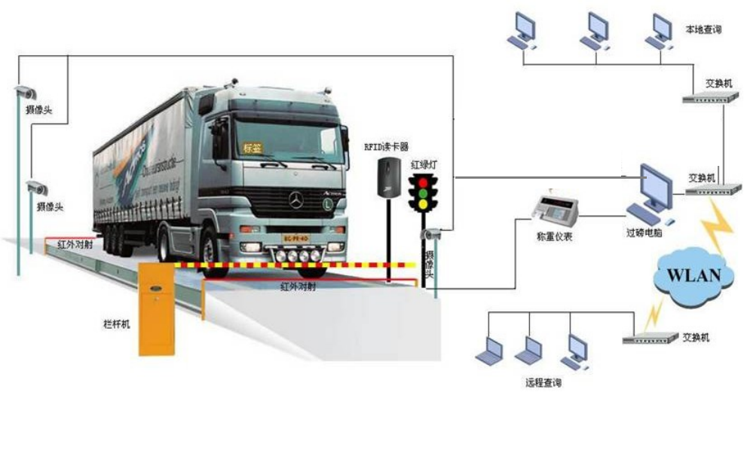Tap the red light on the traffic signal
click(423, 182)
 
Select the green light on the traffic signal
click(423, 204)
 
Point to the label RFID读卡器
click(386, 147)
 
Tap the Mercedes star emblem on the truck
click(296, 200)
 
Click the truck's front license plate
click(296, 238)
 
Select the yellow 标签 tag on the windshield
click(250, 148)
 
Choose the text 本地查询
click(703, 30)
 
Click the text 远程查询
click(543, 383)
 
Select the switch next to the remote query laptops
click(650, 339)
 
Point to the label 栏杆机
click(117, 323)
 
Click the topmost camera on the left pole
click(25, 93)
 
